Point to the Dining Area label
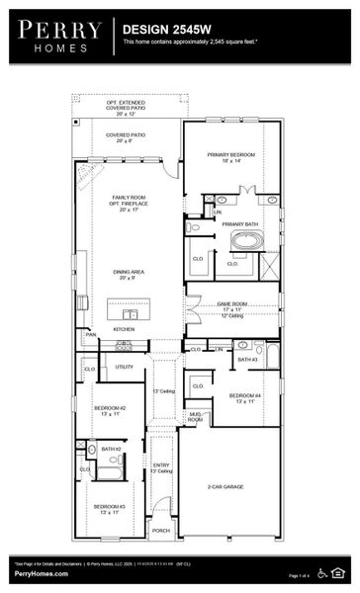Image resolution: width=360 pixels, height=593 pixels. coord(132,274)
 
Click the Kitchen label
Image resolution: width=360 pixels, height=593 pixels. coord(124,328)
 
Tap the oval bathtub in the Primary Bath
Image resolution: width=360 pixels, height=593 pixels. coord(247,240)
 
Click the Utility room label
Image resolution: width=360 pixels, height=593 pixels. coord(124,367)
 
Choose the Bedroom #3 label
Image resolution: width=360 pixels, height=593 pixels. coord(109,509)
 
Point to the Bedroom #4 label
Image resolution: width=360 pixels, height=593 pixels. coord(245,397)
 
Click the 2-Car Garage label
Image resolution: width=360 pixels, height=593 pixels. coord(228,487)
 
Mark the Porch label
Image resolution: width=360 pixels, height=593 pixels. coord(161,531)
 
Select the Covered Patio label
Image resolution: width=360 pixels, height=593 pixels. coord(132,136)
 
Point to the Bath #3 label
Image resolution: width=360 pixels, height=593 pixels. coord(247,360)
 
